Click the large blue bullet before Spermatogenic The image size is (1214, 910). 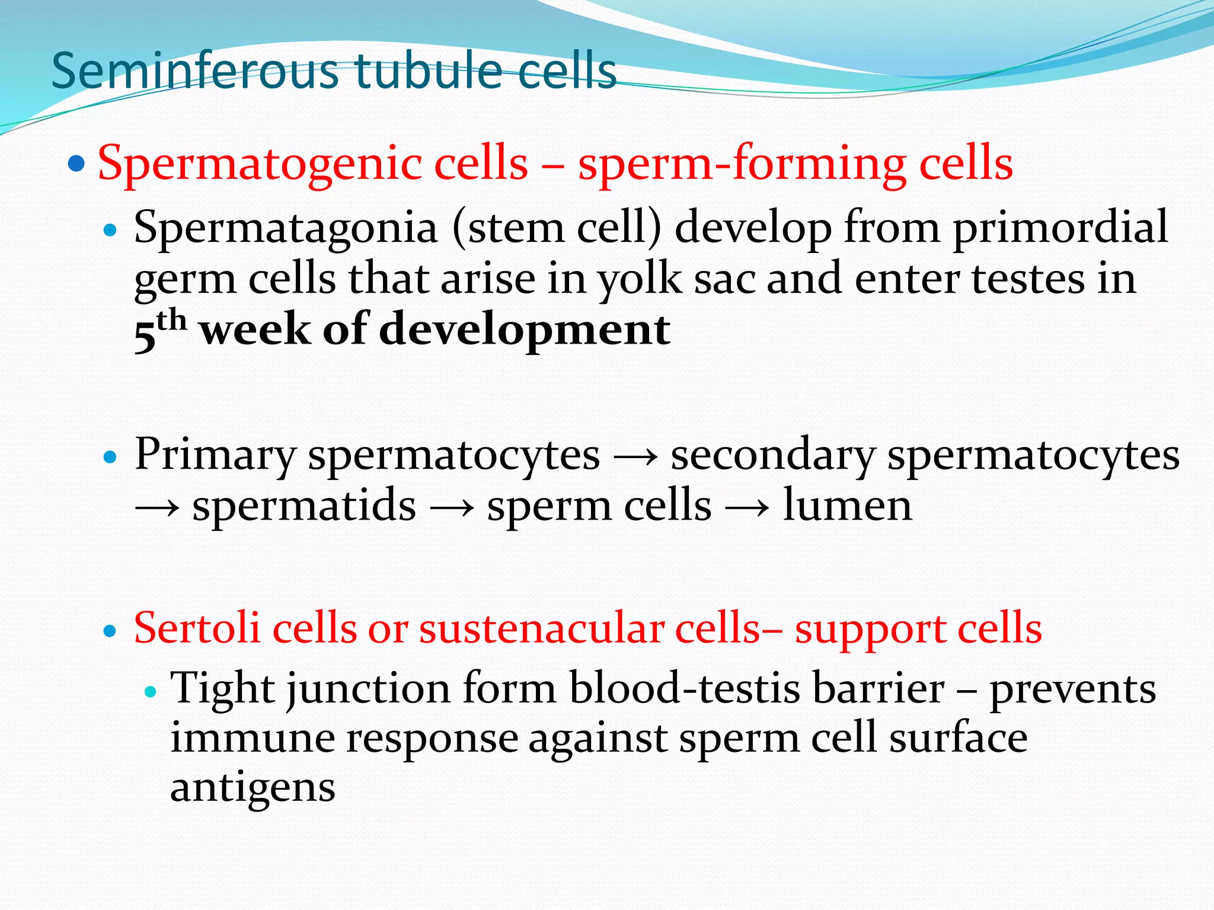(76, 163)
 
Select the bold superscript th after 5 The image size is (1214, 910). (172, 321)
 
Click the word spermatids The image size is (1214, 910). (304, 507)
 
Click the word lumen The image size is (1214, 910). (847, 506)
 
